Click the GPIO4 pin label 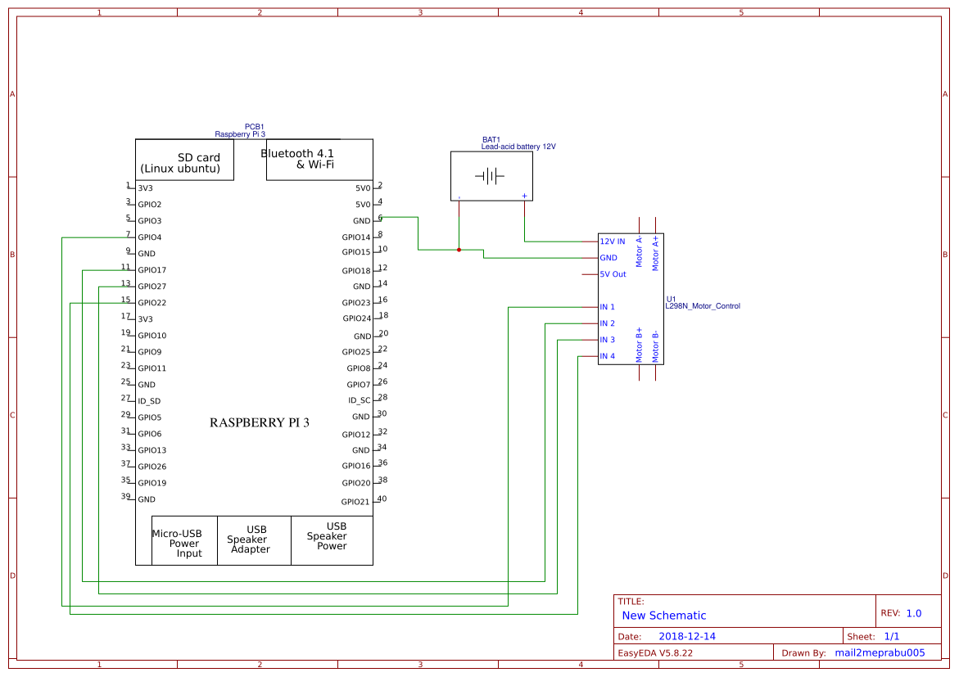(x=150, y=237)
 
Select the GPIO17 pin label (x=152, y=270)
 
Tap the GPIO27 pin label (x=152, y=287)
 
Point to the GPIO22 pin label (x=152, y=303)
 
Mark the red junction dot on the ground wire (x=459, y=250)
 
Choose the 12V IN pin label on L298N (x=612, y=241)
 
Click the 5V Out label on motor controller (x=613, y=274)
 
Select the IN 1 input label (x=607, y=307)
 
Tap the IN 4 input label (x=607, y=356)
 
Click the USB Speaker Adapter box (x=249, y=539)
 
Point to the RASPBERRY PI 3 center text (x=260, y=423)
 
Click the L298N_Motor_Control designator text (x=702, y=306)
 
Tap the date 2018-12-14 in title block (x=686, y=636)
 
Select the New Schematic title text (x=663, y=616)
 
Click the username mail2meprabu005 (x=879, y=652)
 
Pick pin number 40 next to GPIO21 (x=382, y=499)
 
